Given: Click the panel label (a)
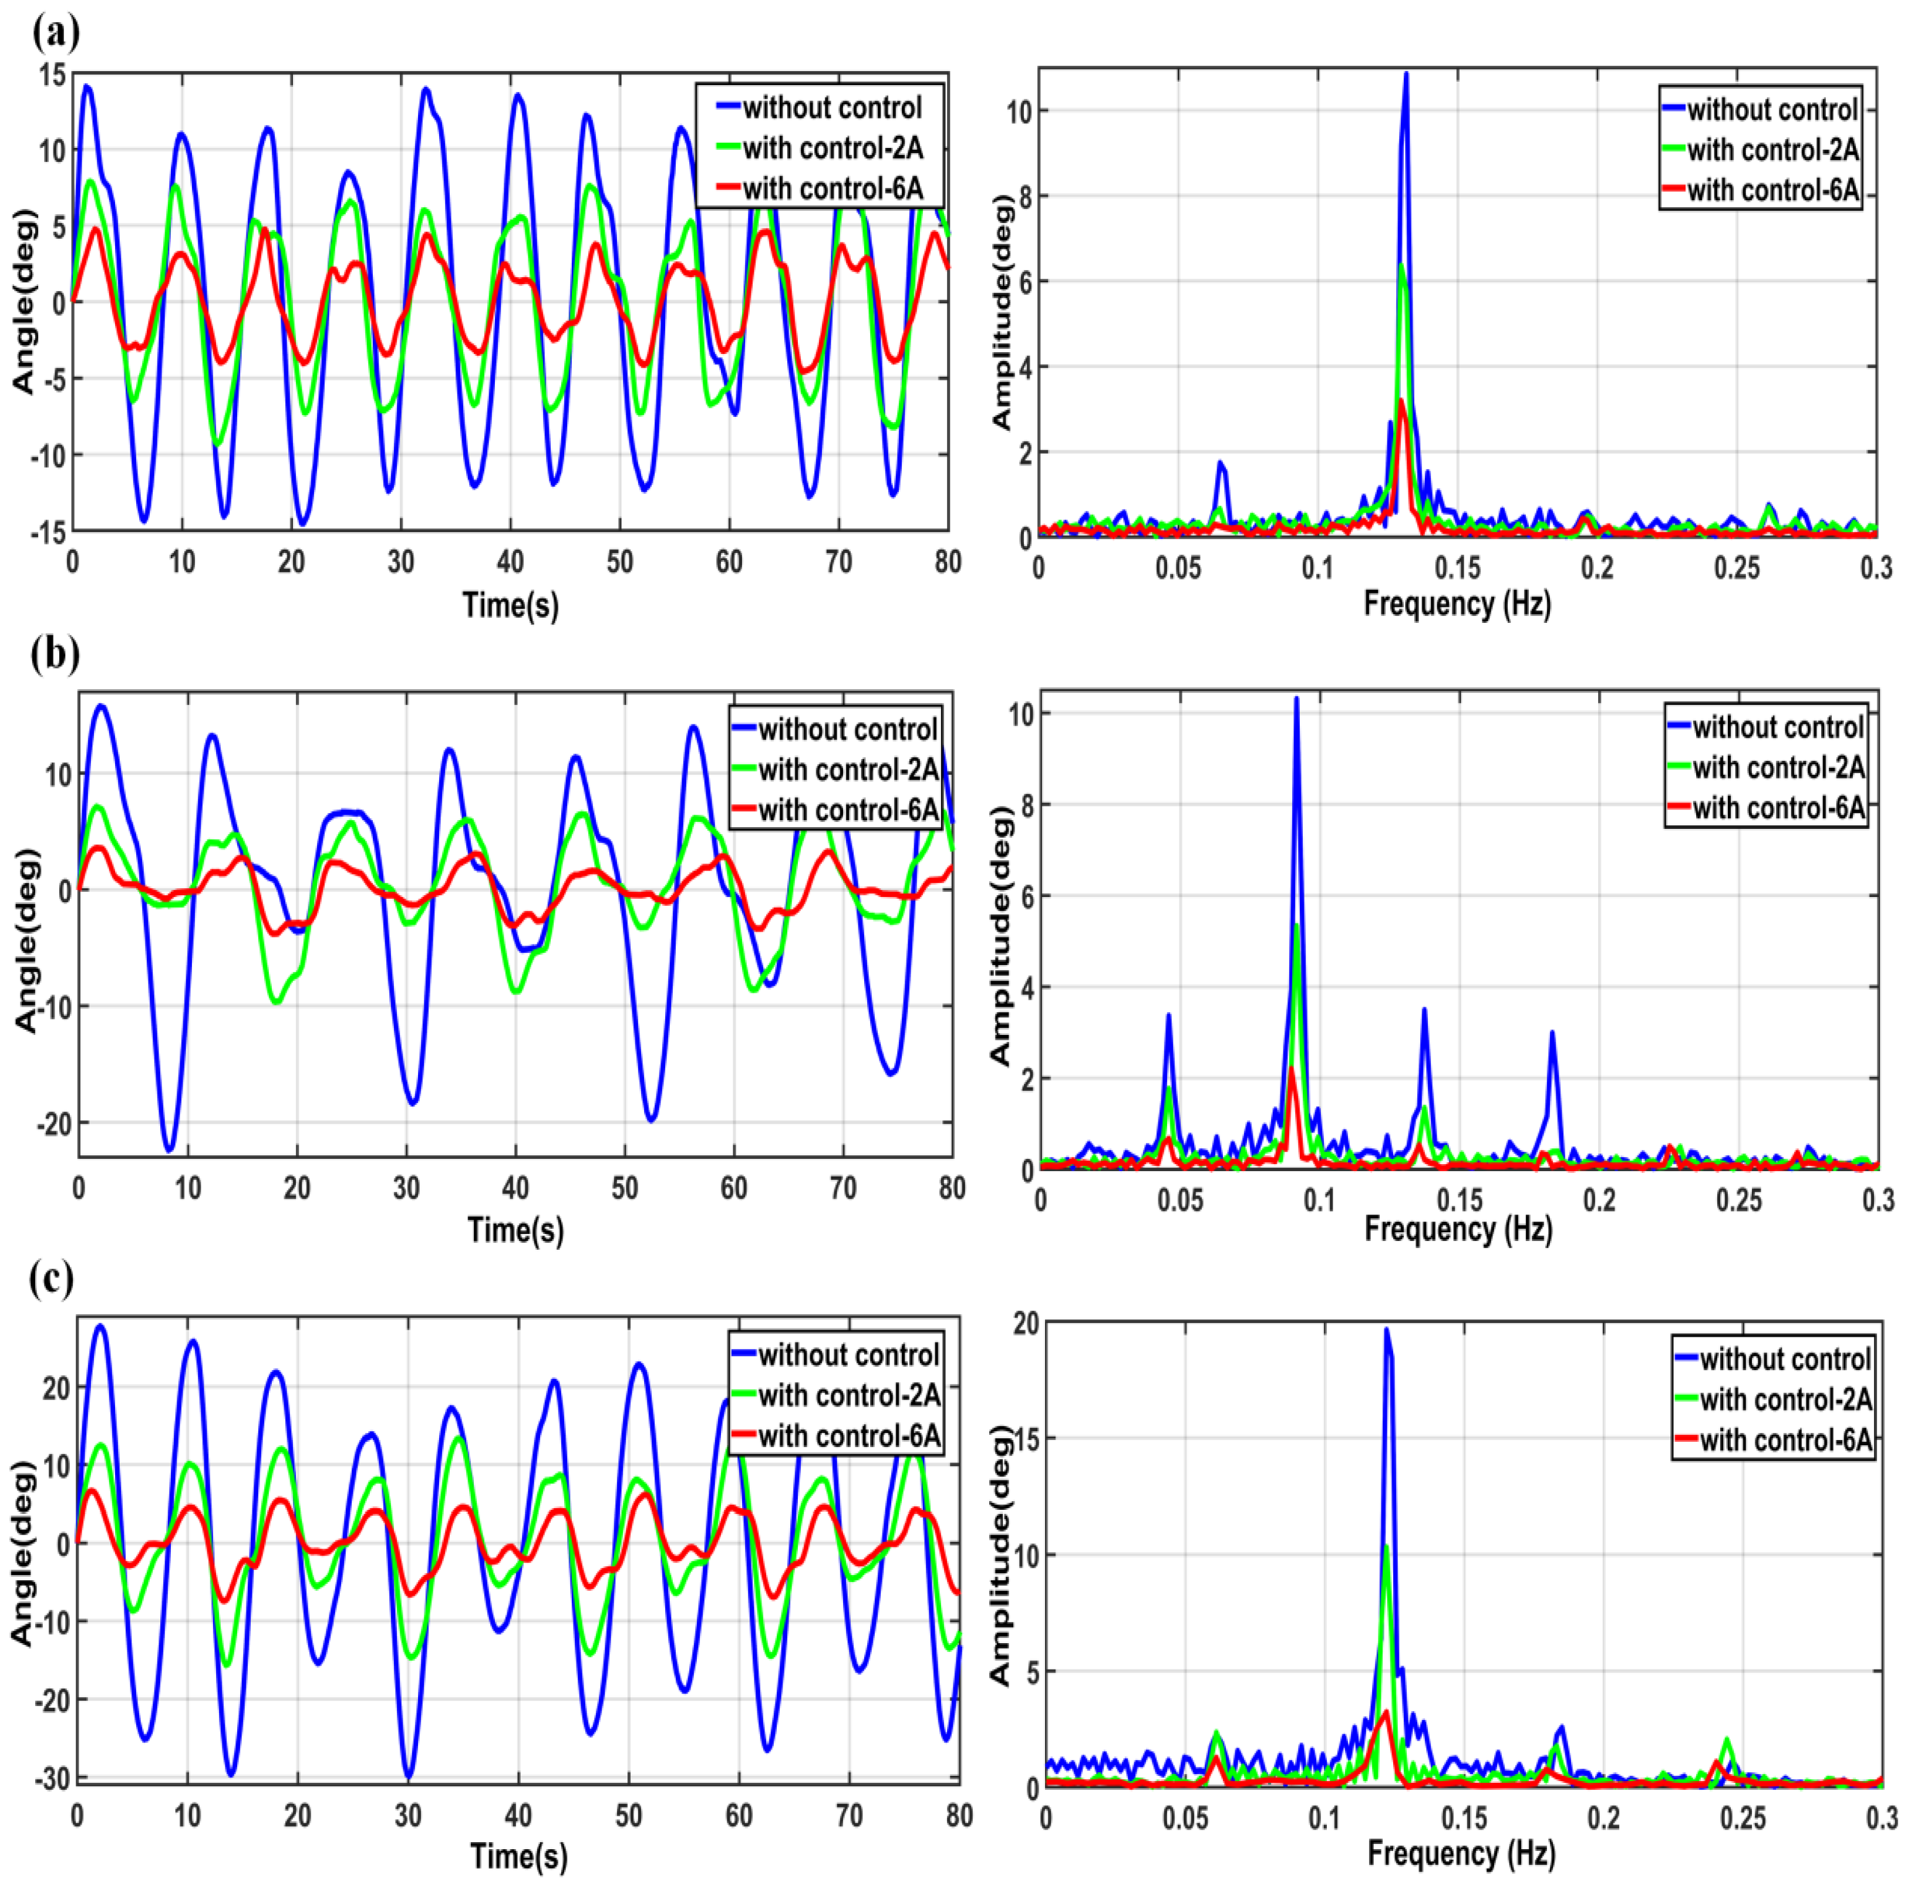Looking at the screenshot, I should tap(55, 33).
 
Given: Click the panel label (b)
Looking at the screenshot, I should tap(55, 654).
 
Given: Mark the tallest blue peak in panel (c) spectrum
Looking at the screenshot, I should tap(1387, 1330).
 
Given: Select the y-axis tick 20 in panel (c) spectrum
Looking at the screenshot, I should tap(1027, 1323).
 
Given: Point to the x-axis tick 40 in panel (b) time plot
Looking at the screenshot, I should tap(515, 1188).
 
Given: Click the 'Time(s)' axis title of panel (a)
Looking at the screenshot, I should tap(510, 604).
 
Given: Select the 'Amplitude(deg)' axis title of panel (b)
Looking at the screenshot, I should tap(1001, 935).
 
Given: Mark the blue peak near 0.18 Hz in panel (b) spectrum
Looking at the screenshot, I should tap(1552, 1033).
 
